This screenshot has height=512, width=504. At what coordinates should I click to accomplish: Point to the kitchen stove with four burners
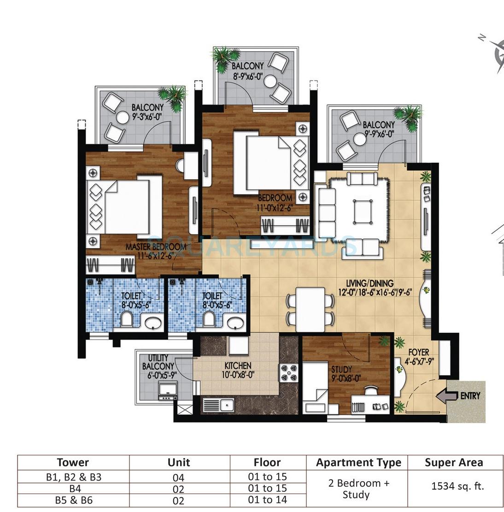tap(289, 372)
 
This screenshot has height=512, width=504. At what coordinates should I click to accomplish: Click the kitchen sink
tap(226, 405)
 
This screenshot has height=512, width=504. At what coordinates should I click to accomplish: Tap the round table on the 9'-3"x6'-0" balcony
tap(123, 118)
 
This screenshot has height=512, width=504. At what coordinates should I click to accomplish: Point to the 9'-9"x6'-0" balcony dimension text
tap(378, 134)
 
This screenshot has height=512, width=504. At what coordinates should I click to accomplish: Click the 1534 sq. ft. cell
tap(454, 486)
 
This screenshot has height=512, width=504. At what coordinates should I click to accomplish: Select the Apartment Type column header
tap(358, 463)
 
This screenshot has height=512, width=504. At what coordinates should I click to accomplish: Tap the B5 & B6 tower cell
tap(73, 500)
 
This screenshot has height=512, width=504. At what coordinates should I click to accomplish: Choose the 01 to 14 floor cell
tap(267, 500)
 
